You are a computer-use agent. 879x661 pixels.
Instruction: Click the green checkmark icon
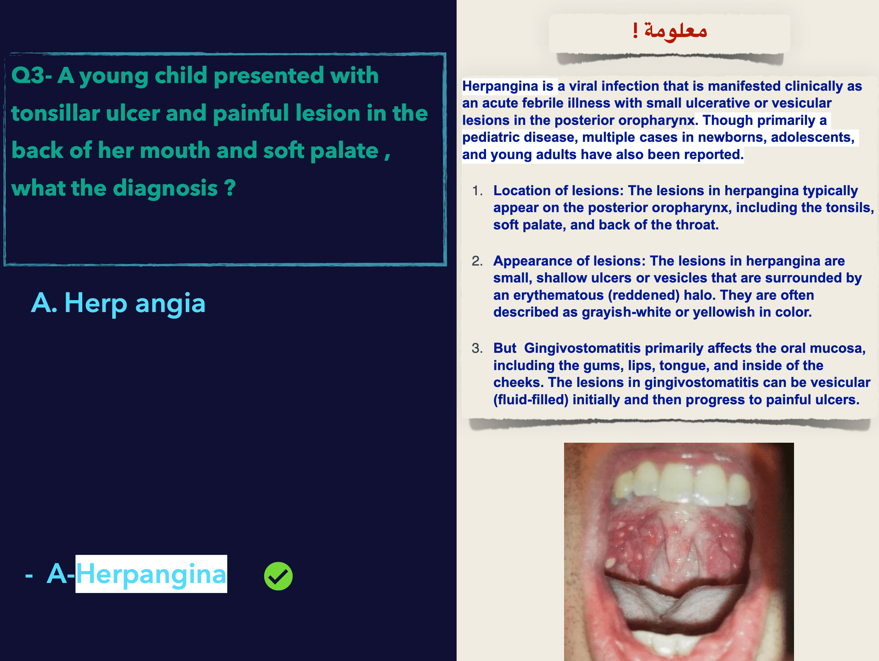[278, 576]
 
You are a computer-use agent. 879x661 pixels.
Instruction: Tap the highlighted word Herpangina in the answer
[151, 575]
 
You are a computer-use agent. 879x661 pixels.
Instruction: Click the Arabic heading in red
[670, 31]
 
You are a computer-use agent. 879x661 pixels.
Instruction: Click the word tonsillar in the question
[55, 113]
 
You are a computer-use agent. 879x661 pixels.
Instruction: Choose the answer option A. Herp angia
[118, 303]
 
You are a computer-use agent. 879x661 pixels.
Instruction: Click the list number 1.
[477, 191]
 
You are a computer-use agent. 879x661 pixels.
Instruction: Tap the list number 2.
[477, 261]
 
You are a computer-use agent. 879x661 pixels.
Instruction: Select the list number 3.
[477, 349]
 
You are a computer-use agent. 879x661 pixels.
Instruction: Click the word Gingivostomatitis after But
[582, 349]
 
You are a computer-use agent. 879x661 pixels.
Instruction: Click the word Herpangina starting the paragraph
[500, 86]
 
